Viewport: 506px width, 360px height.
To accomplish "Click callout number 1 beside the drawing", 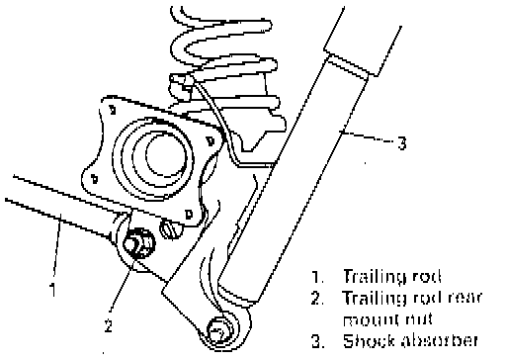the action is click(x=52, y=289).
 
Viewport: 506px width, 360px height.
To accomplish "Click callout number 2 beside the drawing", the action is click(x=109, y=324).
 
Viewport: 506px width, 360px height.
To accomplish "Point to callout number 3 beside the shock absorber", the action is click(x=402, y=143).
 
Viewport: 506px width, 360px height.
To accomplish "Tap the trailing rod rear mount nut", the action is click(x=138, y=244).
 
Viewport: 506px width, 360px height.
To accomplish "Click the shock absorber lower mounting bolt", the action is click(x=218, y=330).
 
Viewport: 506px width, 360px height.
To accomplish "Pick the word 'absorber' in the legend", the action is click(x=439, y=341).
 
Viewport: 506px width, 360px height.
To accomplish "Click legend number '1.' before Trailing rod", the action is click(x=318, y=277).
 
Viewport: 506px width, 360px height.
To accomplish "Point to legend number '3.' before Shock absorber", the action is click(x=318, y=341).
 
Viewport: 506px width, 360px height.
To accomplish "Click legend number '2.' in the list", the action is click(x=318, y=298).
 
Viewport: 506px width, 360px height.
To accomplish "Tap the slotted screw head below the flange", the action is click(x=171, y=228).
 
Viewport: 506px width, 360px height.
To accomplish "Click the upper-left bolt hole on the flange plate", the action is click(x=113, y=110).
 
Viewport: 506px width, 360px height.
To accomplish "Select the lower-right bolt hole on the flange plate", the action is click(x=189, y=215).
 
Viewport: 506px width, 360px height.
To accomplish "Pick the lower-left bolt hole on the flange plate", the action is click(x=95, y=179).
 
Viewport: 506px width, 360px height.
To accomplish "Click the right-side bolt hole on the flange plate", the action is click(x=211, y=141).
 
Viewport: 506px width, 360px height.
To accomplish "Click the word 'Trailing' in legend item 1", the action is click(x=375, y=277).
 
